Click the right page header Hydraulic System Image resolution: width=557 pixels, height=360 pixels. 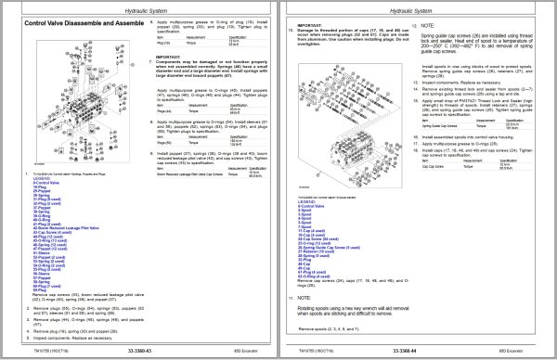point(418,6)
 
